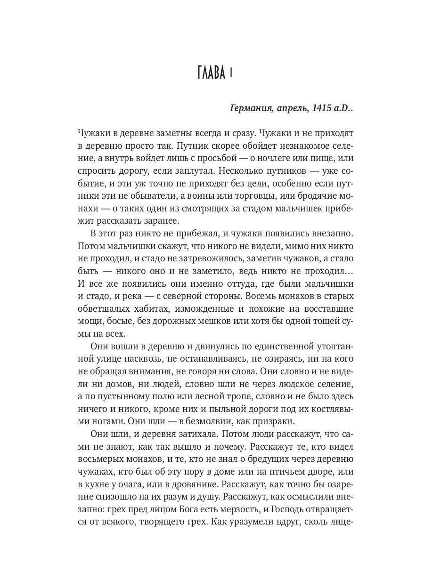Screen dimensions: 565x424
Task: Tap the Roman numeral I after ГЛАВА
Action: click(x=231, y=73)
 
